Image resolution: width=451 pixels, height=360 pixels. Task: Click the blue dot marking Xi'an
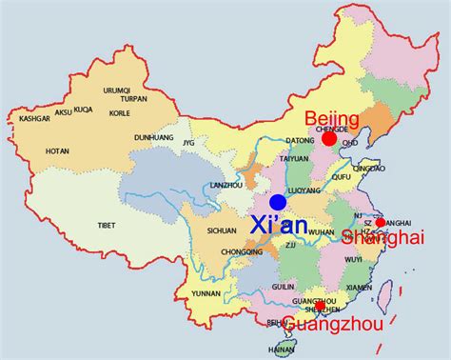(277, 202)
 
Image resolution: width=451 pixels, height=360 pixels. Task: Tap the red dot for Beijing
(328, 139)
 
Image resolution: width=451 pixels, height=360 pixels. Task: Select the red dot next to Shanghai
(381, 223)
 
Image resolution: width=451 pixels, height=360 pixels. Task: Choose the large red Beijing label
(331, 118)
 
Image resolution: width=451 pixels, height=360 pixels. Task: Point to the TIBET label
(107, 225)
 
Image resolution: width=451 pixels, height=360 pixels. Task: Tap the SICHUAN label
(221, 231)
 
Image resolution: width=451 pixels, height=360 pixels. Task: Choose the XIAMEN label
(360, 287)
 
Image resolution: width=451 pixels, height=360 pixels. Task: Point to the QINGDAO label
(368, 168)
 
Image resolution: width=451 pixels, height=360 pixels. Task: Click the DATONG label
(273, 141)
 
